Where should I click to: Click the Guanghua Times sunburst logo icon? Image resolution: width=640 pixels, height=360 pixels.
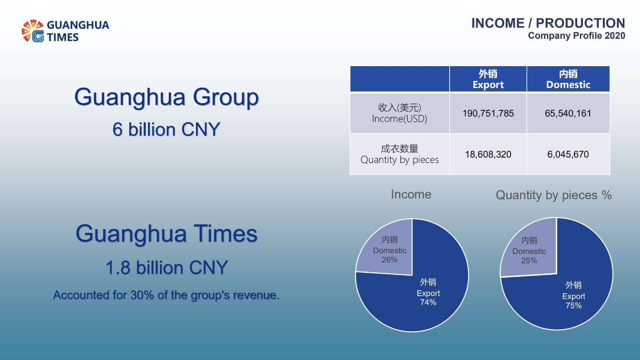pos(33,31)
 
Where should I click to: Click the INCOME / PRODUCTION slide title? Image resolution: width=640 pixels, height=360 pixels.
pos(548,23)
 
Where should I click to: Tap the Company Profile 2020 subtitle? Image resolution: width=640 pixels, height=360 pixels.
pos(576,36)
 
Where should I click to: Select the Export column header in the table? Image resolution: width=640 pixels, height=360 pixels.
pos(488,79)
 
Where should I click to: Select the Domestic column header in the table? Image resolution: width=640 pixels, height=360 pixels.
pos(568,79)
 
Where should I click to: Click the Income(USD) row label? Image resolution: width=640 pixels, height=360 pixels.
pos(400,113)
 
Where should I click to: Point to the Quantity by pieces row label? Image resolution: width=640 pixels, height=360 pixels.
pos(400,154)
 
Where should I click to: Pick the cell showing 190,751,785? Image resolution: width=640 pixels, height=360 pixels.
pos(488,114)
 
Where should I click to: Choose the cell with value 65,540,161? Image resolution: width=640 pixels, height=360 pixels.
pos(568,114)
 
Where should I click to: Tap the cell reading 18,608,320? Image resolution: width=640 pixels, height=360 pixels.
pos(488,154)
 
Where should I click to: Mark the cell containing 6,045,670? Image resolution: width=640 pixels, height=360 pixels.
pos(568,154)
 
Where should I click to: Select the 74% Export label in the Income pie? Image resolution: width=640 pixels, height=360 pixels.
pos(428,292)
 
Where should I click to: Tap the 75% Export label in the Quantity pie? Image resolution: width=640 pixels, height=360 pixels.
pos(574,295)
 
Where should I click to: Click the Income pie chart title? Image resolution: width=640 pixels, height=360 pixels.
pos(411,194)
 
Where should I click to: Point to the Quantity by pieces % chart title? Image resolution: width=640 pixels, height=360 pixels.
pos(554,196)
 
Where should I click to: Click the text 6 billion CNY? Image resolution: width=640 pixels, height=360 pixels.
pos(166,130)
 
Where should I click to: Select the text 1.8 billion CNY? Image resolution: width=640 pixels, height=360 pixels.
pos(166,268)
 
